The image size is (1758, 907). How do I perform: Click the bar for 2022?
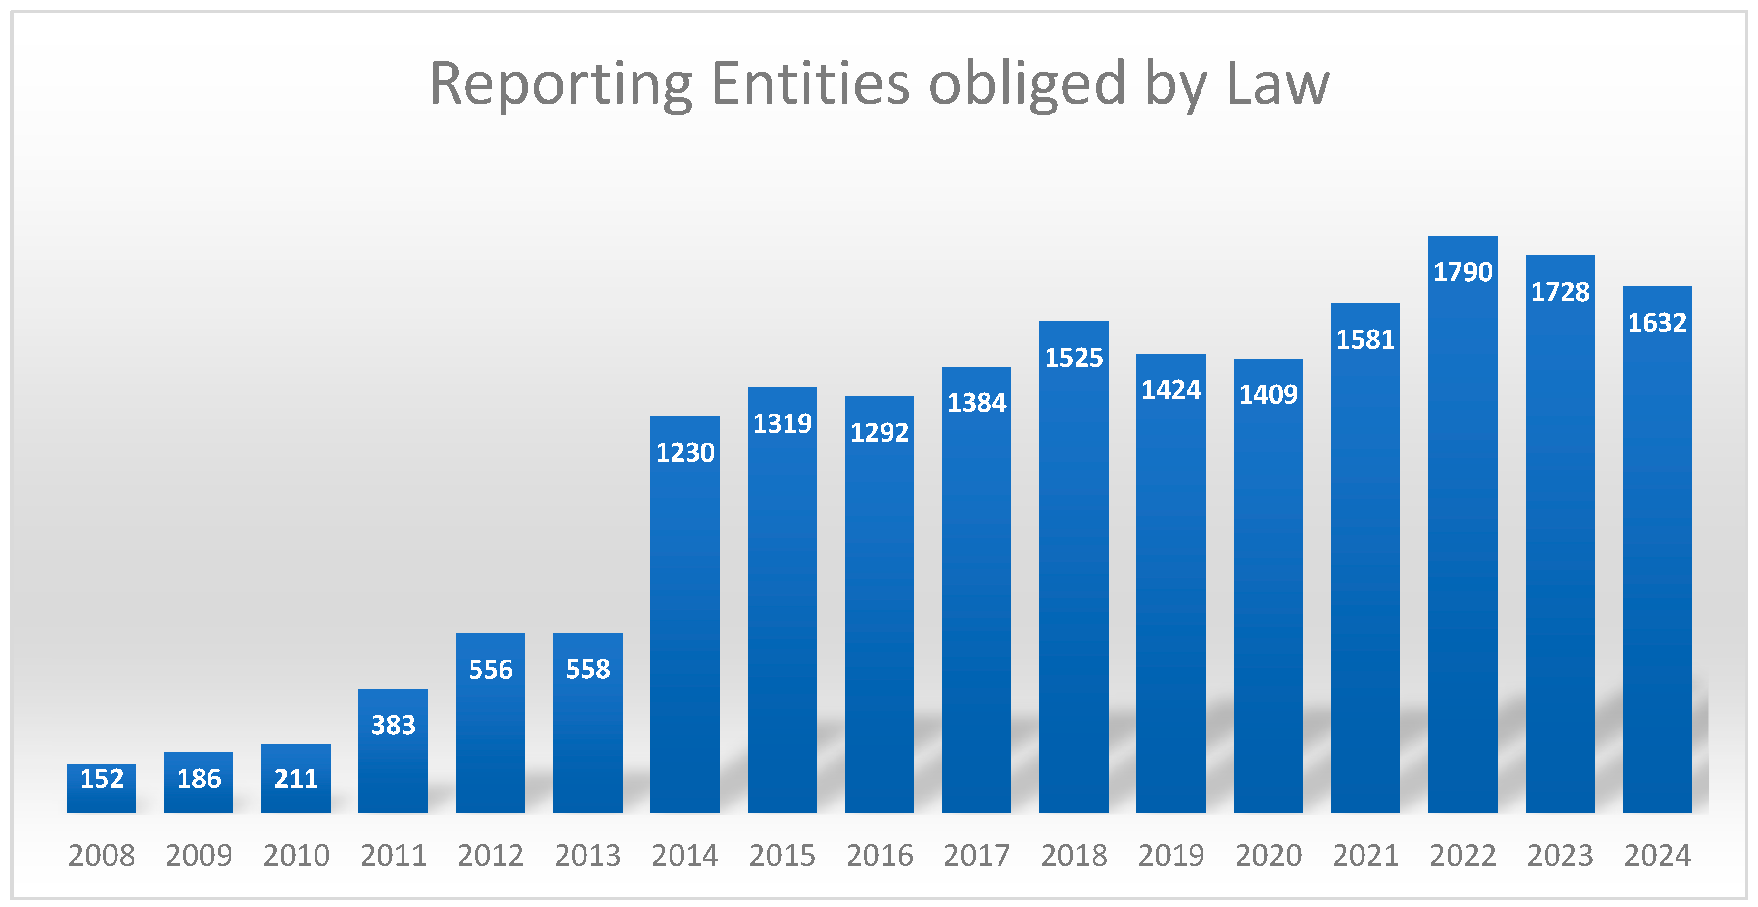[1462, 546]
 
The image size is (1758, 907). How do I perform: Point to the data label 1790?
[1462, 272]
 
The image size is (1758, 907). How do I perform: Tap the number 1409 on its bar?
[1268, 394]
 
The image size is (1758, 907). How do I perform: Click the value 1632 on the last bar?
[1657, 322]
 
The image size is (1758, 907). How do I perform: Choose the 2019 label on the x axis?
[1171, 855]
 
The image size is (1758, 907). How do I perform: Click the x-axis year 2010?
[296, 855]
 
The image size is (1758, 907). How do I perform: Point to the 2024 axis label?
[1657, 855]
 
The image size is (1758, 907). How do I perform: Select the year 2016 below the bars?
[879, 855]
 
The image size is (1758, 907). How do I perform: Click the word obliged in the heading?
[1027, 85]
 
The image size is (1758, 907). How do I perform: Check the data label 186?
[199, 778]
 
